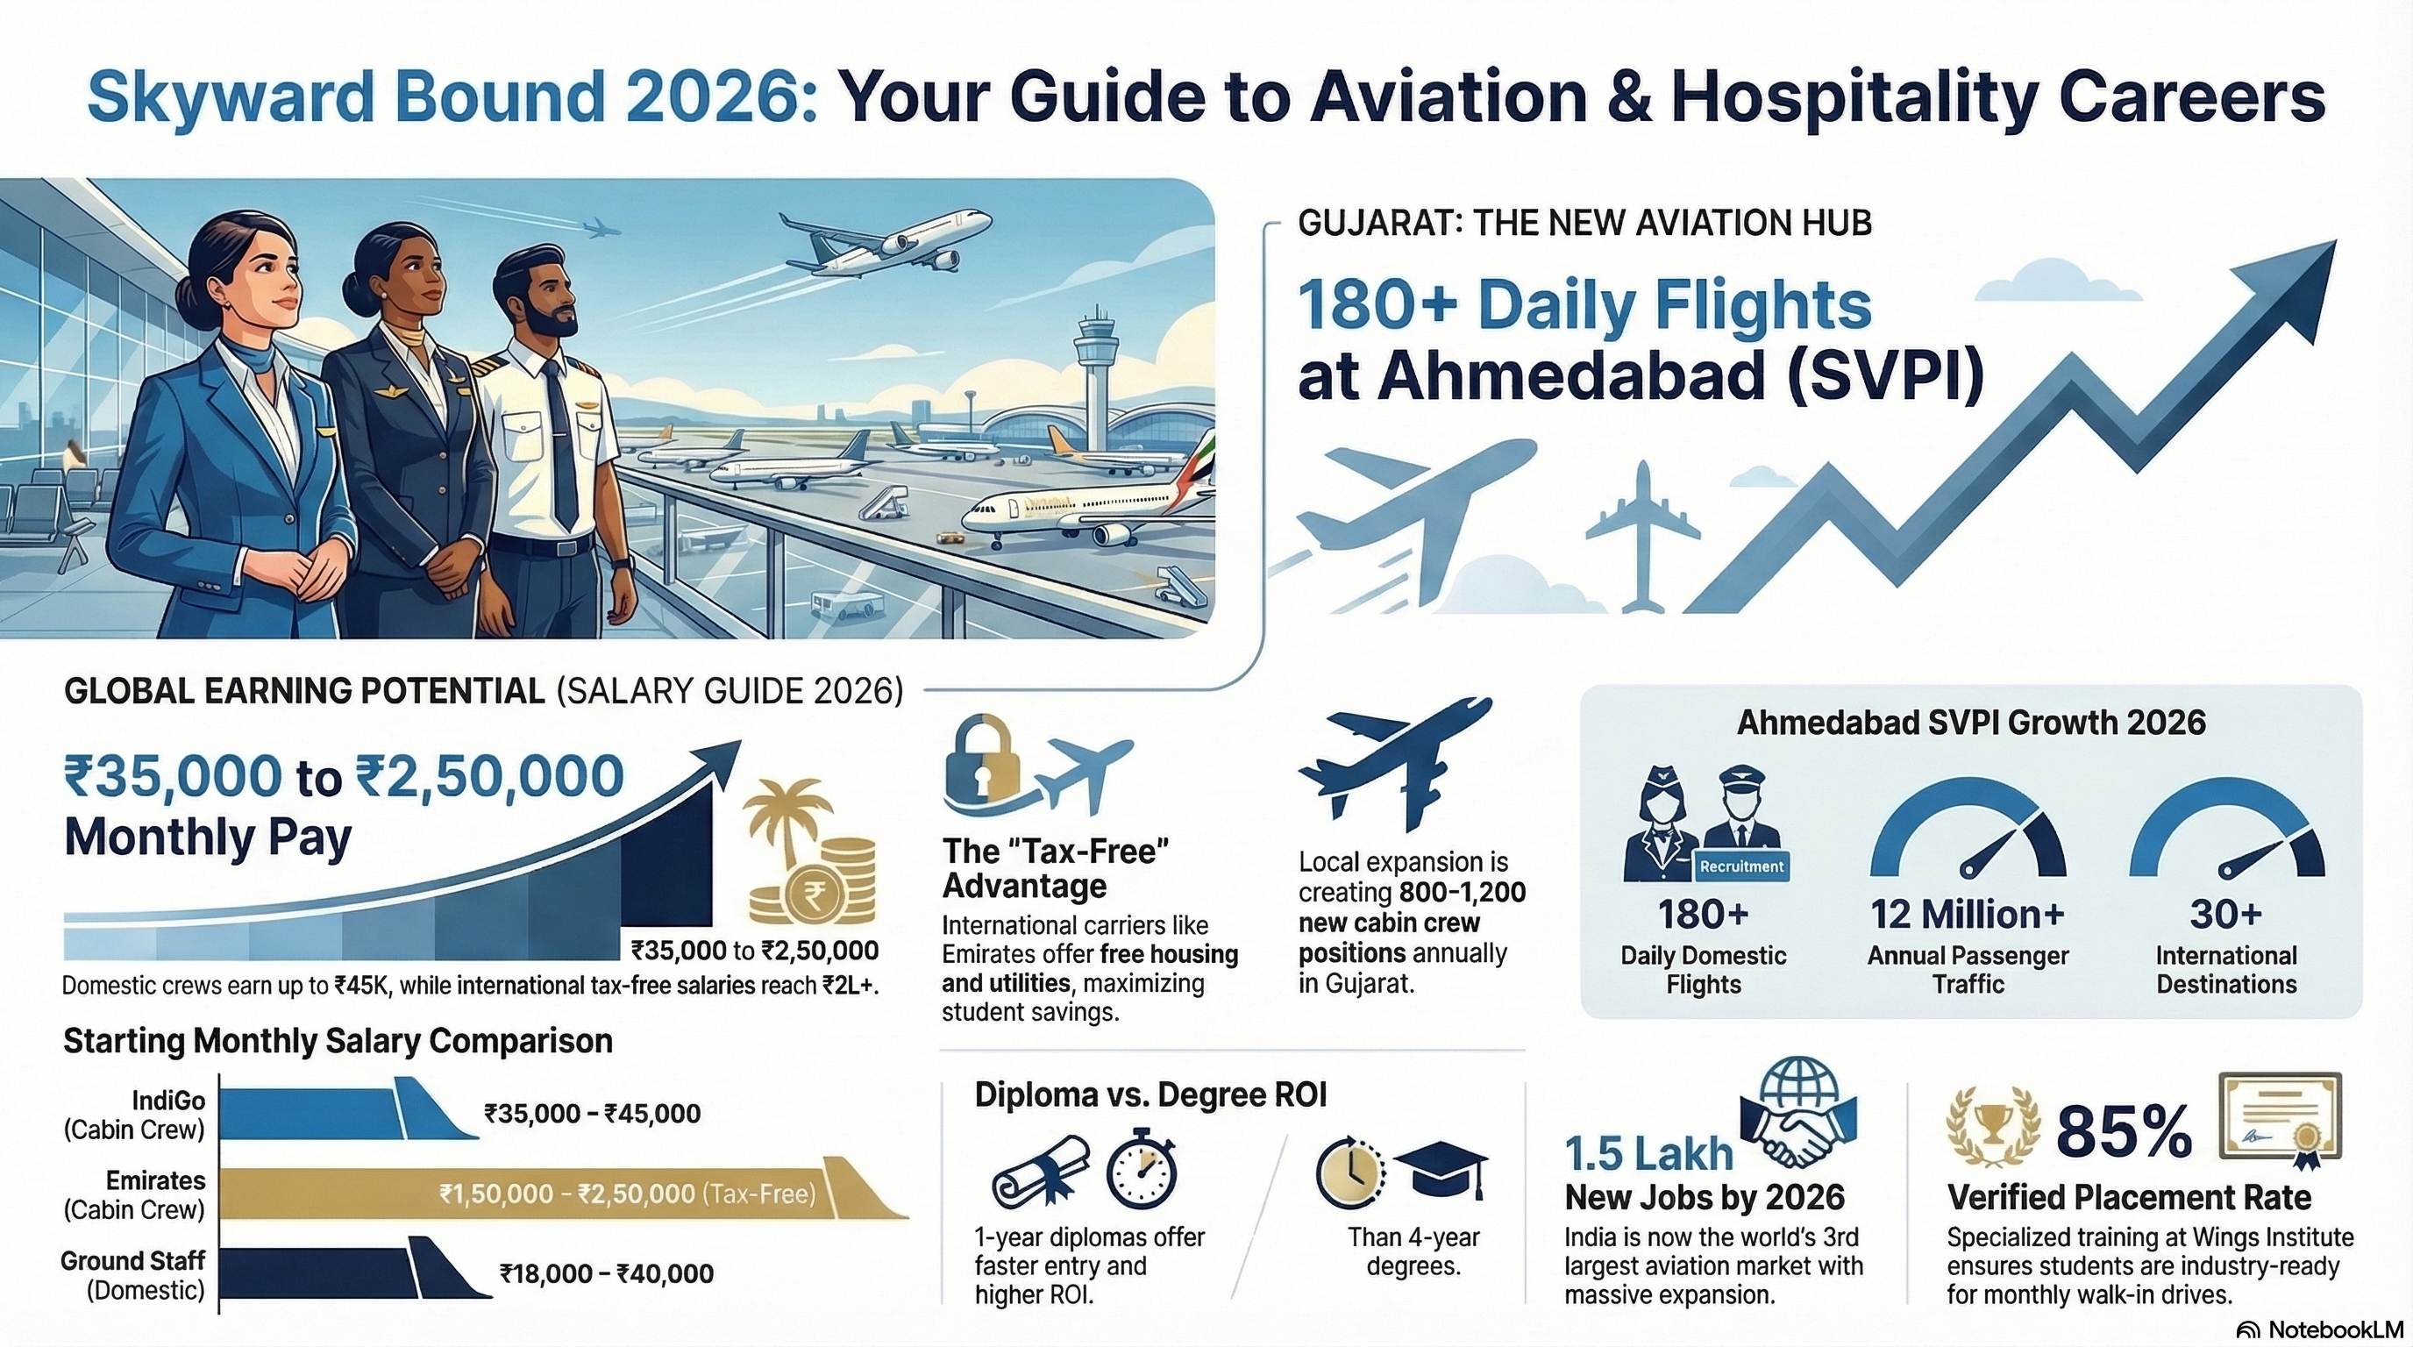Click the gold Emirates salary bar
click(562, 1194)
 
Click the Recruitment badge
click(1741, 866)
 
